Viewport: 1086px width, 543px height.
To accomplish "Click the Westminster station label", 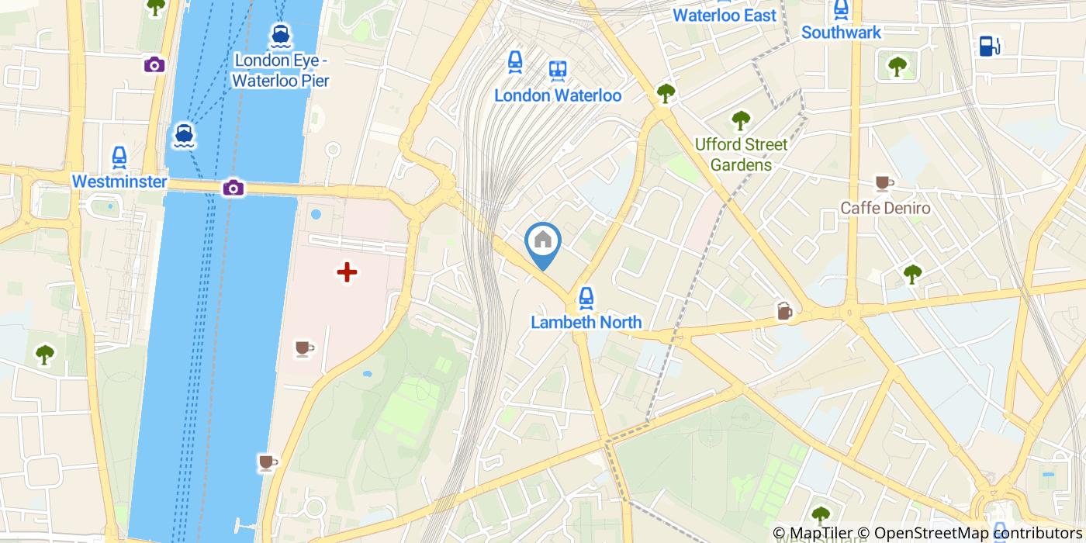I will pos(119,182).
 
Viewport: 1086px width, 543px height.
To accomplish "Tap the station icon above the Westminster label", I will pos(119,157).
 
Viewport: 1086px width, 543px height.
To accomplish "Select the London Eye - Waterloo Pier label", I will pos(281,71).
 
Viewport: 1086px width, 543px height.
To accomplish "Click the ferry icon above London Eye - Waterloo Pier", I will pos(281,35).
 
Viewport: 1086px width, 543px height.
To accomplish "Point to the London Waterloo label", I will pos(558,95).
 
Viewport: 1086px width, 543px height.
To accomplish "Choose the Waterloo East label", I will pos(725,16).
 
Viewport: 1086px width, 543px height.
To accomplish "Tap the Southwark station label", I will pos(841,33).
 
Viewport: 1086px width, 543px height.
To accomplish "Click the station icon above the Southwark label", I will pos(841,9).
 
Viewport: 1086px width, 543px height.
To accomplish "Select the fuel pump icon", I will pos(988,46).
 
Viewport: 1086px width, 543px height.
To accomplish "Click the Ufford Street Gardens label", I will pos(741,154).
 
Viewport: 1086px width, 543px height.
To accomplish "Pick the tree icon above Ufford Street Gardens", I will pos(741,120).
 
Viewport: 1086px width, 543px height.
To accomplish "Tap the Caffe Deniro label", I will pos(885,209).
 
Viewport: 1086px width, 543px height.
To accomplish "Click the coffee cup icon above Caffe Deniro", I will pos(883,183).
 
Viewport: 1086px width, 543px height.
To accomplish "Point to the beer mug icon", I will pos(785,311).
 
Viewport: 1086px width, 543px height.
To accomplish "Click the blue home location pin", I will pos(543,242).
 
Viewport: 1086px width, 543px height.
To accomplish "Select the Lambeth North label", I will pos(586,322).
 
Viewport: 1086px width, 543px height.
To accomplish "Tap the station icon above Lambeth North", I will pos(586,297).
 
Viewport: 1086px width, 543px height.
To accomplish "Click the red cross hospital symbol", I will pos(347,271).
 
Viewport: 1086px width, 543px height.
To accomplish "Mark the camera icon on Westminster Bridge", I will pos(233,187).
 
